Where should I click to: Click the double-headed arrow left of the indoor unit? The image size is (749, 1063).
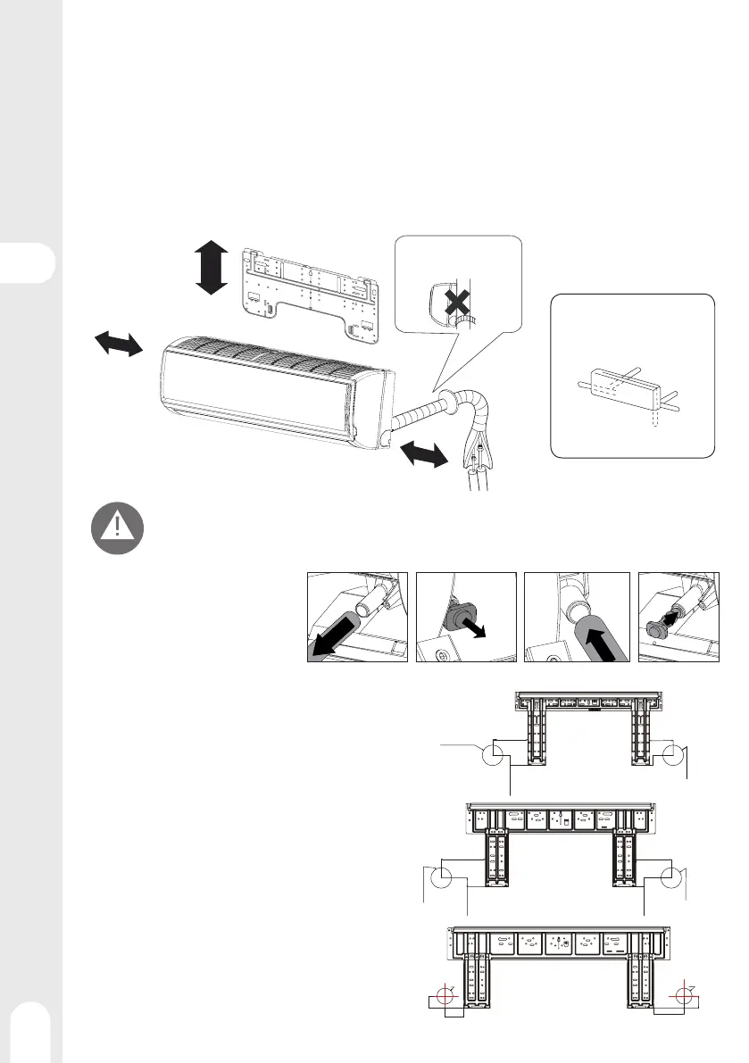click(119, 343)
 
